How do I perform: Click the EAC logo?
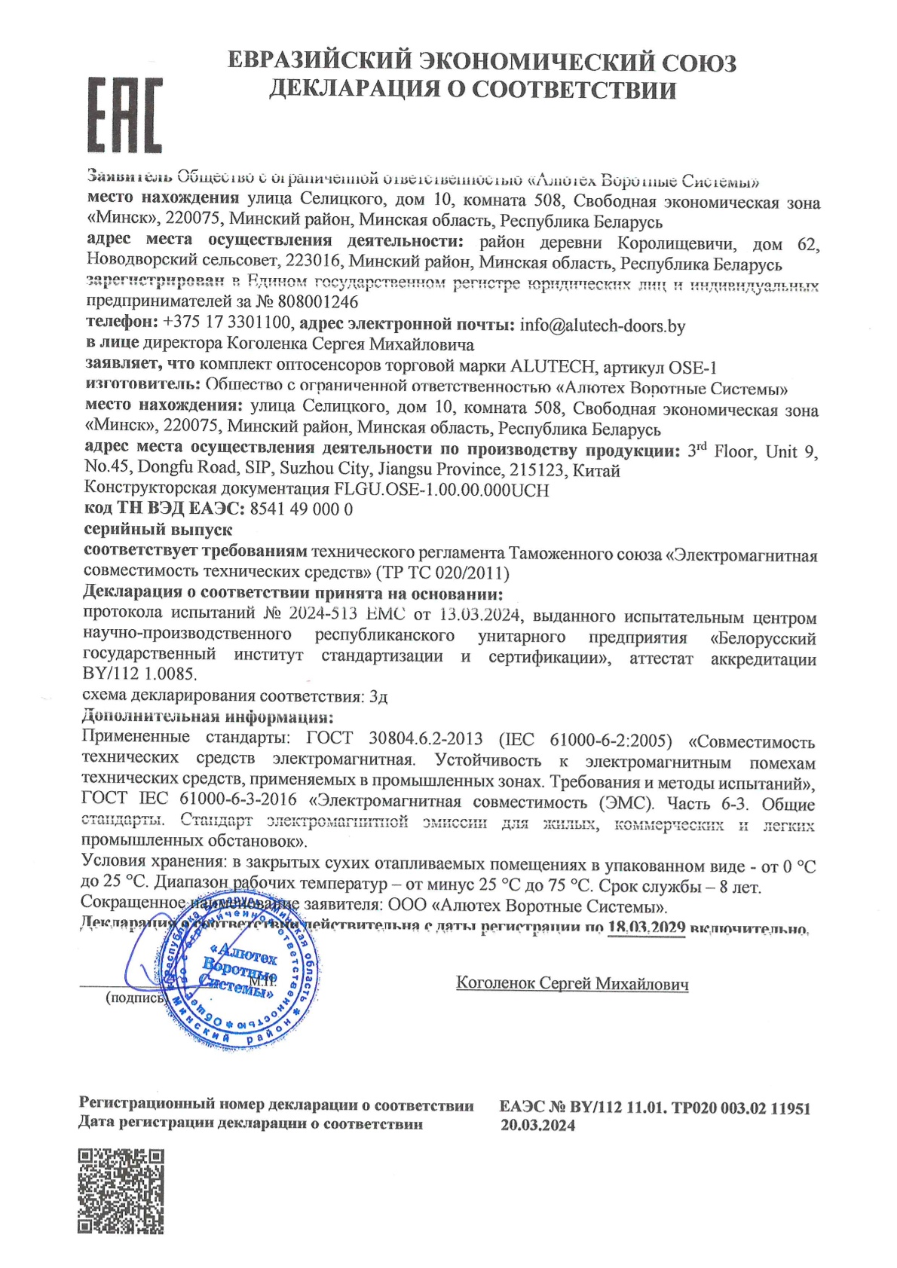click(x=124, y=115)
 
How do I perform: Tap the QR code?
click(x=121, y=1190)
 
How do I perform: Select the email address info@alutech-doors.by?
click(x=602, y=325)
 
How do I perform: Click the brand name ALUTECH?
click(x=553, y=367)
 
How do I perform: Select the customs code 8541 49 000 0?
click(x=301, y=509)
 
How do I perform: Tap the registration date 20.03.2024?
click(x=537, y=1126)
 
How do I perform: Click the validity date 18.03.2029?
click(x=646, y=927)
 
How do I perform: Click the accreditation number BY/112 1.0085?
click(x=139, y=674)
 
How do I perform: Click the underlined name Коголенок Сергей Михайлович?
click(x=572, y=983)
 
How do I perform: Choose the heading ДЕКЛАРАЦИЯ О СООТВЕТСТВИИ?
click(x=473, y=90)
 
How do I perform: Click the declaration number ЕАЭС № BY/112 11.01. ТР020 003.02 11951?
click(x=654, y=1108)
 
